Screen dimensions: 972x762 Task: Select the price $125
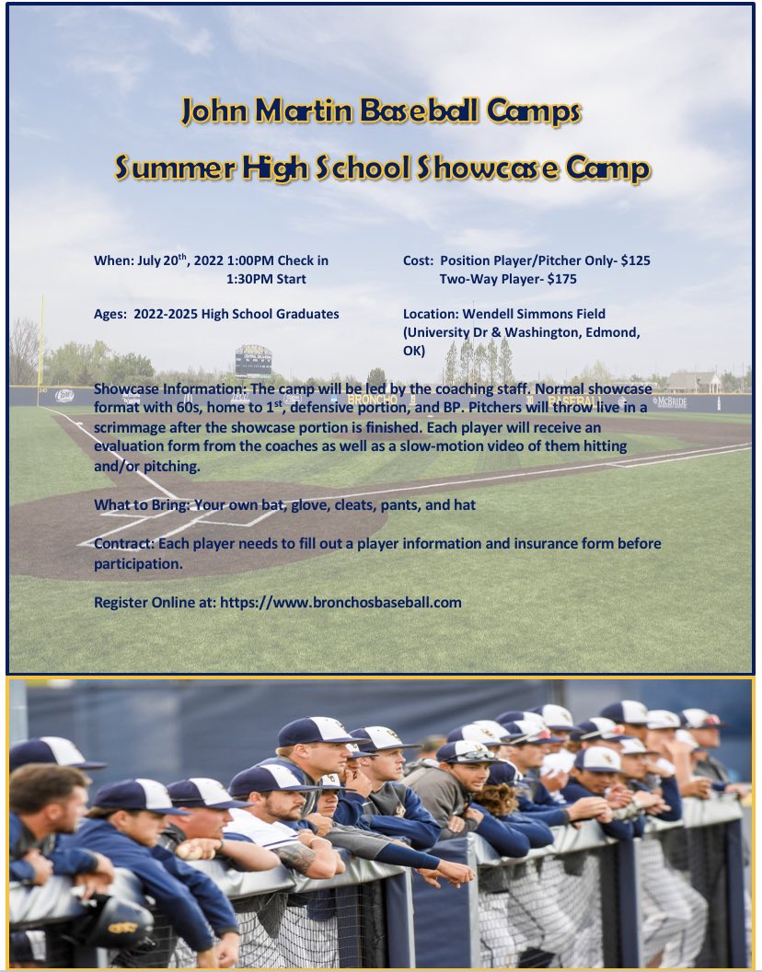tap(635, 260)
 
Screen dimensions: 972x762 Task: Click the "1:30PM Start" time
tap(266, 279)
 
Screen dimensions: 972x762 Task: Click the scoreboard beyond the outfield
tap(253, 359)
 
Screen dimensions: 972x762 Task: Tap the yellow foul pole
tap(41, 341)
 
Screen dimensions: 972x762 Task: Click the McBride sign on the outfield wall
tap(669, 401)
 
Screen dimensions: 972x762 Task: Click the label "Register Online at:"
tap(154, 602)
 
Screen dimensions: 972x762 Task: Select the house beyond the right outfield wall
tap(695, 380)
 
